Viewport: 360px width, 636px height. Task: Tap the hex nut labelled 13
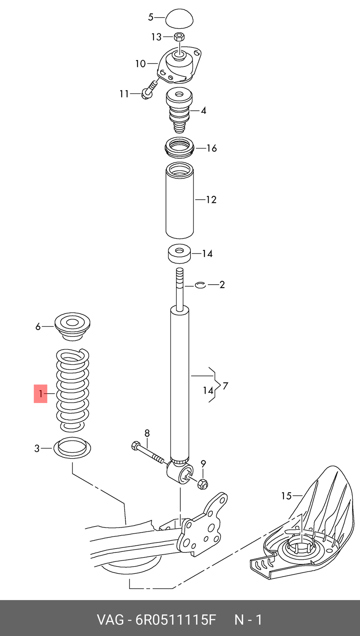179,37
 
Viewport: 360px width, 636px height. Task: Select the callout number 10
140,64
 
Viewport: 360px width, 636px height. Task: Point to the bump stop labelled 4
179,112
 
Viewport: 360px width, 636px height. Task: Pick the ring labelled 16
179,148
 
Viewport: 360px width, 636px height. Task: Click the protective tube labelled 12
180,200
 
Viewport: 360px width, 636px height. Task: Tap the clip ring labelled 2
201,285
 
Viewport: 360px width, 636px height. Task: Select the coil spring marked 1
72,390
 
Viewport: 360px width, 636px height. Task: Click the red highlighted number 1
41,393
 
